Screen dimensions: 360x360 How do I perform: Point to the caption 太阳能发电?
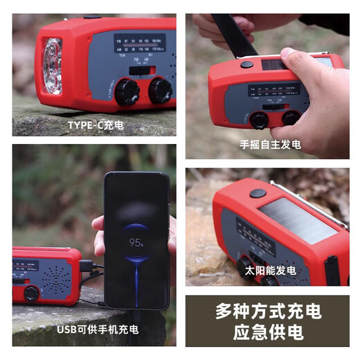pyautogui.click(x=270, y=270)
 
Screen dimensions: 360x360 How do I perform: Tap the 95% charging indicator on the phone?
pyautogui.click(x=136, y=244)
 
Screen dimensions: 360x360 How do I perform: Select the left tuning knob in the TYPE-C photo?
pyautogui.click(x=127, y=91)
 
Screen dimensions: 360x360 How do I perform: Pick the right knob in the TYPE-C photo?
pyautogui.click(x=160, y=90)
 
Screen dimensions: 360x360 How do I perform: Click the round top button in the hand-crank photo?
pyautogui.click(x=247, y=64)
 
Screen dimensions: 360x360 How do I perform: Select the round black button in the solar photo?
pyautogui.click(x=258, y=193)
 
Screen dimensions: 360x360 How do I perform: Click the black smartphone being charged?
pyautogui.click(x=136, y=239)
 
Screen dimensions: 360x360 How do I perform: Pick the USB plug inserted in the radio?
pyautogui.click(x=87, y=265)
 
